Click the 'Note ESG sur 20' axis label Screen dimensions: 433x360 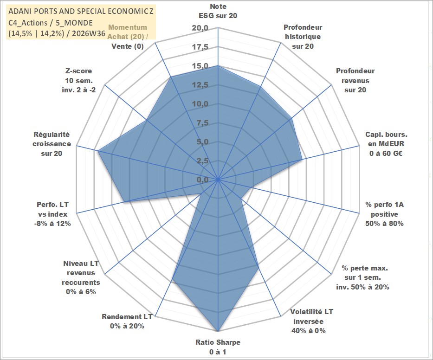(x=218, y=11)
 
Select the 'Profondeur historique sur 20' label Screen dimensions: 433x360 (x=303, y=37)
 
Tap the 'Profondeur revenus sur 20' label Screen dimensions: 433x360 (x=355, y=80)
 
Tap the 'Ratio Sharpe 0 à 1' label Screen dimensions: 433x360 (x=218, y=347)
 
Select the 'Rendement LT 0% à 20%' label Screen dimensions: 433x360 (x=127, y=321)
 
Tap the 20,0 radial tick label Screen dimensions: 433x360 (x=200, y=28)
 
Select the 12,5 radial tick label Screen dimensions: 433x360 (x=200, y=85)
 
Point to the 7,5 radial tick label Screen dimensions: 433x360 (x=202, y=123)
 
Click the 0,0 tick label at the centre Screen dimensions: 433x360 (x=202, y=180)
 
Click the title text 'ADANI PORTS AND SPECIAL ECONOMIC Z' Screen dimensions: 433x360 (x=81, y=11)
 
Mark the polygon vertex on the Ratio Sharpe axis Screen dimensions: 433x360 (x=218, y=331)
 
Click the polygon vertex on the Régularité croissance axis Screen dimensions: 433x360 (x=98, y=150)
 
